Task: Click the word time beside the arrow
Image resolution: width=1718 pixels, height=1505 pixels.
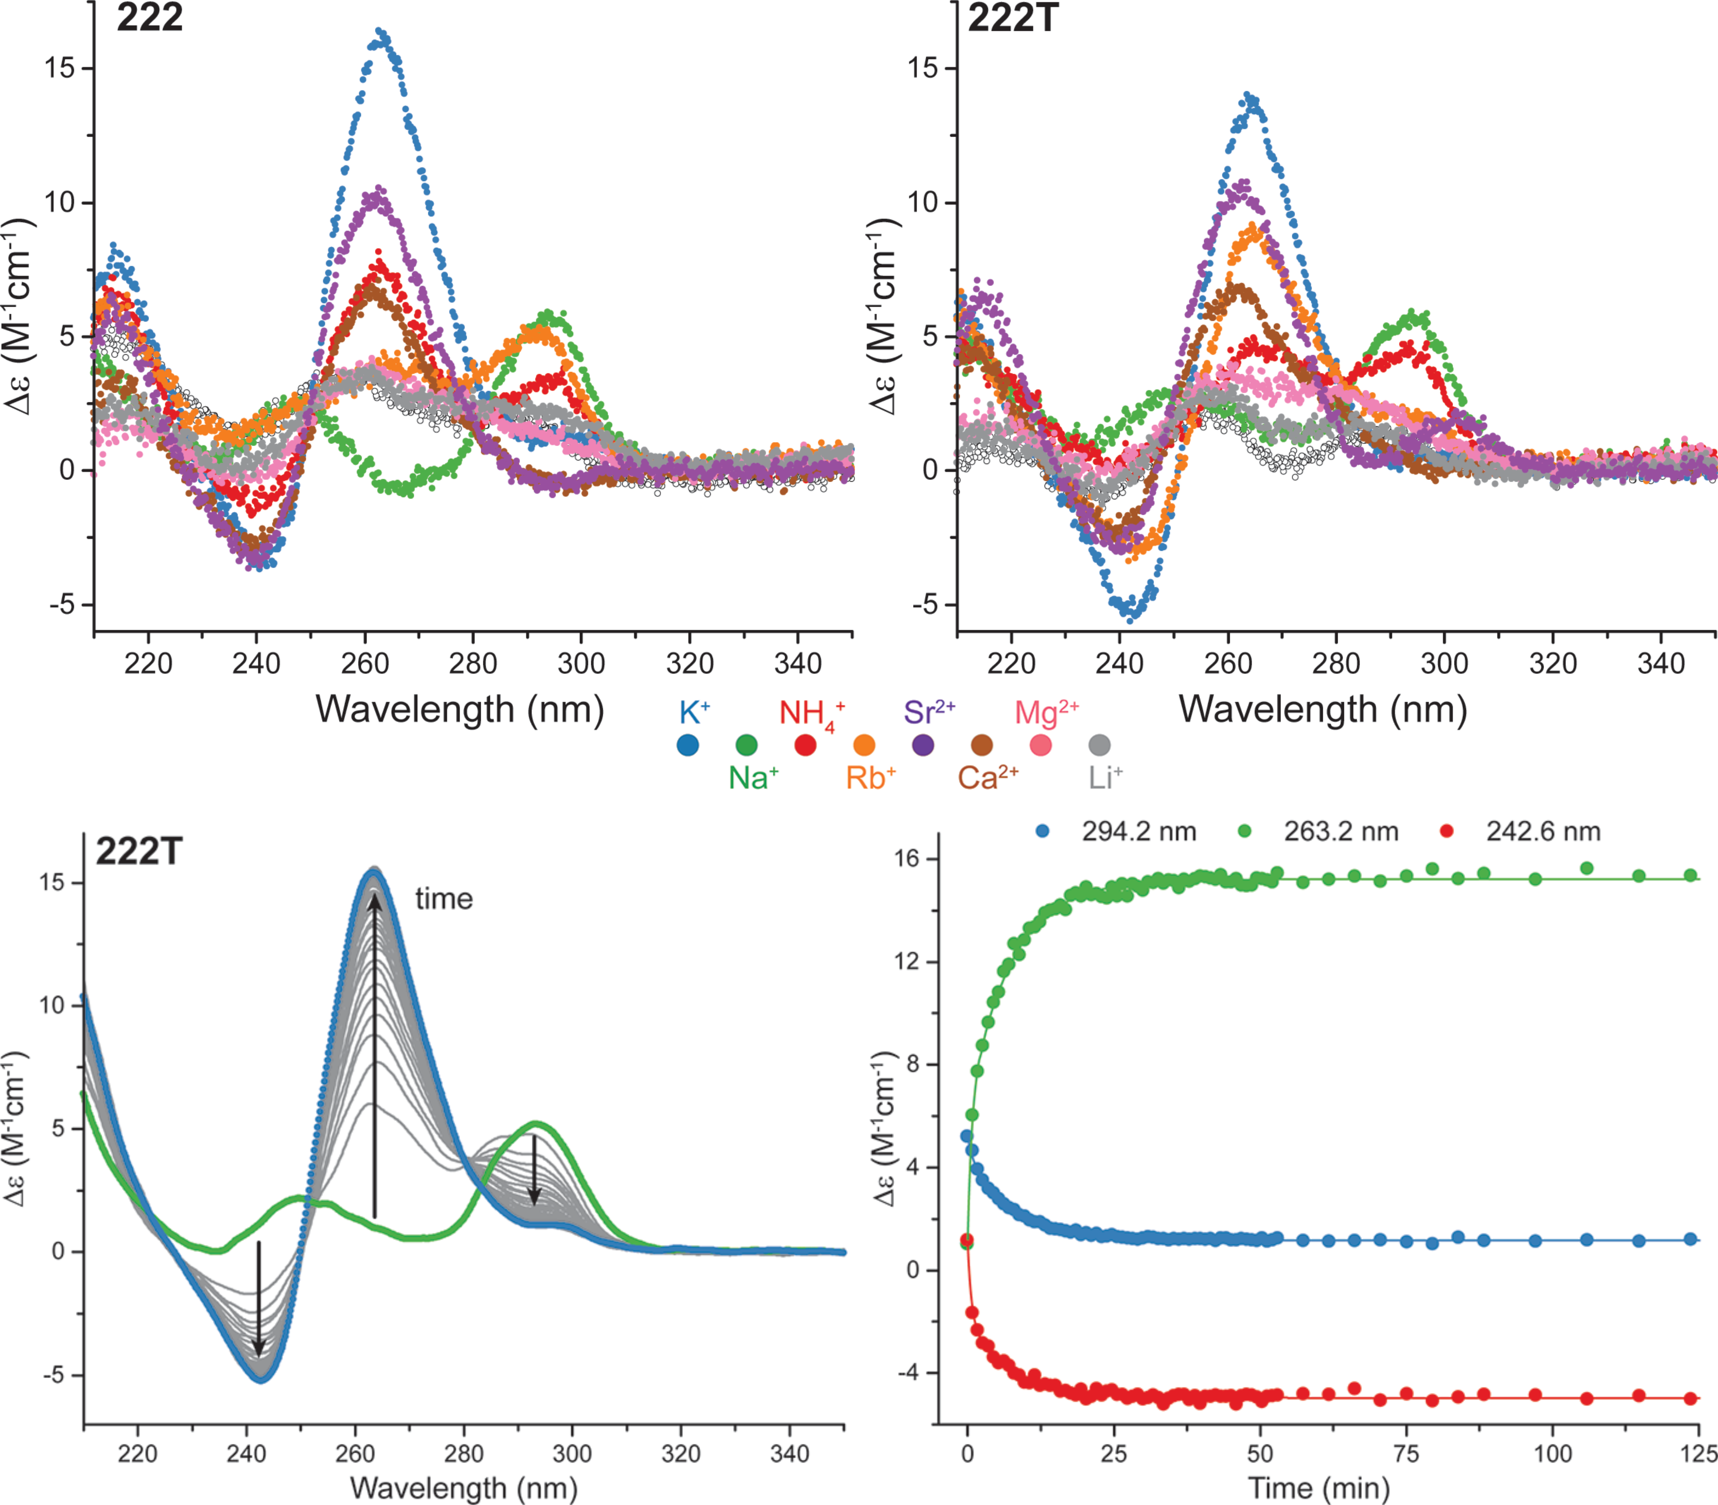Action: tap(443, 899)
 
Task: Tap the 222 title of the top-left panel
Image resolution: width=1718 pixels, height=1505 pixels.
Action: tap(149, 19)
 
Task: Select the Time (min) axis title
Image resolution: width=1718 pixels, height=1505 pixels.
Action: tap(1318, 1488)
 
